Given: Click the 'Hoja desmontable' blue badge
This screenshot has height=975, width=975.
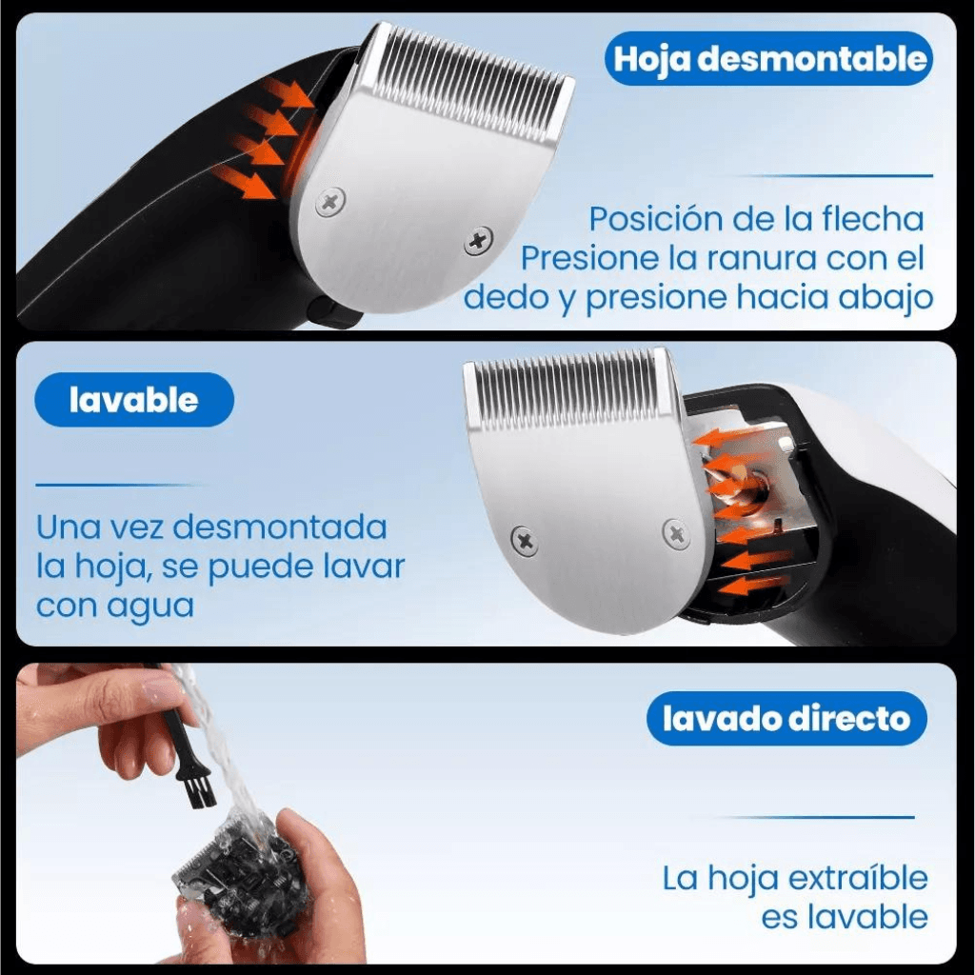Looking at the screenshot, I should point(768,59).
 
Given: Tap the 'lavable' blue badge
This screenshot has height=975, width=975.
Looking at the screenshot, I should point(133,400).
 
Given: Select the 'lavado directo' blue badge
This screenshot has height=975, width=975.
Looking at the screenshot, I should point(786,719).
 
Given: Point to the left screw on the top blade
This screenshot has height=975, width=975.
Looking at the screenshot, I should point(330,202).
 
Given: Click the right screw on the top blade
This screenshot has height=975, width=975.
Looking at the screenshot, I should point(478,241).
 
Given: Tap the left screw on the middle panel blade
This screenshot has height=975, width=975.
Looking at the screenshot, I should point(524,541).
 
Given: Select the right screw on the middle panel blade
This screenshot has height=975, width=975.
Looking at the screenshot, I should point(675,533).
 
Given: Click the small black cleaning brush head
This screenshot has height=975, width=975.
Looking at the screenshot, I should point(197,789).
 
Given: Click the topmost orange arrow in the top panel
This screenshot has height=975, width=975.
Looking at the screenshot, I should point(288,93).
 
